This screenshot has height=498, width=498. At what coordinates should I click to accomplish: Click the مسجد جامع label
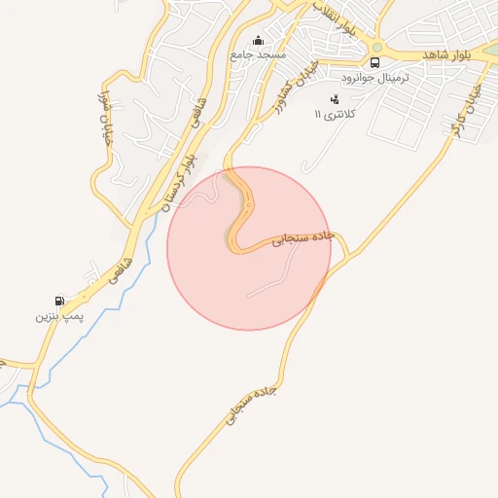[x=258, y=55]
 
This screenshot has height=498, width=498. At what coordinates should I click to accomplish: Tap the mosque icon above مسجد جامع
[x=258, y=41]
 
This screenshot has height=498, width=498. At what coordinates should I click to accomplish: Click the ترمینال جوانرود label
[x=373, y=75]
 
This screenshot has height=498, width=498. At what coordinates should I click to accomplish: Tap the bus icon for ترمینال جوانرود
[x=374, y=61]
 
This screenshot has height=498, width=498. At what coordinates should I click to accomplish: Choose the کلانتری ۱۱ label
[x=336, y=114]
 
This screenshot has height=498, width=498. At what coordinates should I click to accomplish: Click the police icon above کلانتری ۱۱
[x=336, y=99]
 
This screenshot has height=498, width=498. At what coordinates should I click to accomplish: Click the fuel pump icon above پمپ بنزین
[x=61, y=301]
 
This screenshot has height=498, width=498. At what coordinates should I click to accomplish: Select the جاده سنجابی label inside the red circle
[x=302, y=238]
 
